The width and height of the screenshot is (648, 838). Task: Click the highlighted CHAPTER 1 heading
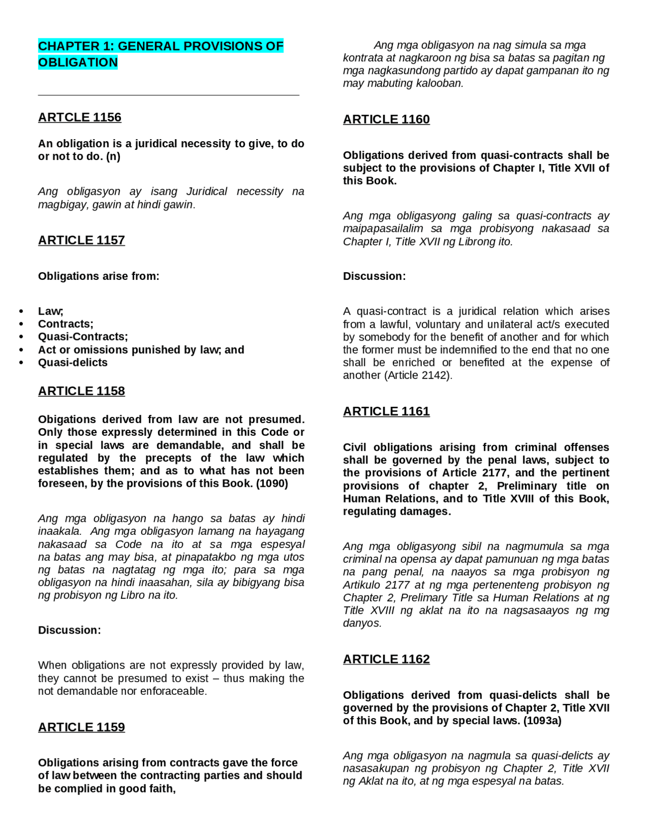(160, 54)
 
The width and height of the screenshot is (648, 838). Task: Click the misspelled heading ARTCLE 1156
(79, 117)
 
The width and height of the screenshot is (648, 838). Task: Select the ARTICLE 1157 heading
(81, 240)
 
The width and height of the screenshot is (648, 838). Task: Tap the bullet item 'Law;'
(50, 311)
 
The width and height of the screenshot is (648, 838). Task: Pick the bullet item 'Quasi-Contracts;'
(83, 337)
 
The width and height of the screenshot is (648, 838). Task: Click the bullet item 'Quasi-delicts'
(72, 362)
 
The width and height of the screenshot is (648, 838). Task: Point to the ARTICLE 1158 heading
(81, 391)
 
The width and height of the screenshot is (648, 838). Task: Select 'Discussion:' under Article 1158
(69, 630)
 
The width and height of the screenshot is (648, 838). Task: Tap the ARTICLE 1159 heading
(81, 727)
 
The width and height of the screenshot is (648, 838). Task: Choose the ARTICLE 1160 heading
(386, 119)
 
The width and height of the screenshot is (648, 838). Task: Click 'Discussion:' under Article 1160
(374, 276)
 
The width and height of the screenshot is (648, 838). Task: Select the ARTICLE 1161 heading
(386, 411)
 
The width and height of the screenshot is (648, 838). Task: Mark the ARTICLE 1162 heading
(386, 659)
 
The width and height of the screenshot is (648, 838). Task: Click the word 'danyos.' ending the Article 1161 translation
(362, 623)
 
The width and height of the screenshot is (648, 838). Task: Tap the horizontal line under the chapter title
(168, 95)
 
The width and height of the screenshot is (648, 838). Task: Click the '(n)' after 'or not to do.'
(113, 156)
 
